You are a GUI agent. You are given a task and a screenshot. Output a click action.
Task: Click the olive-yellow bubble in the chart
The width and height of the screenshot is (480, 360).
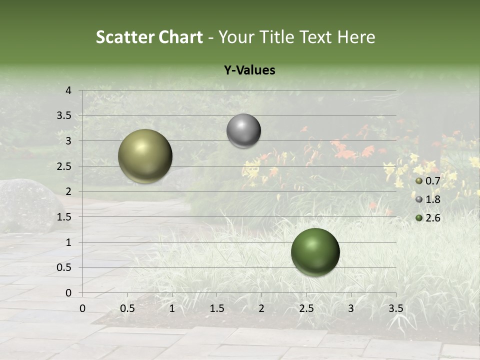(145, 156)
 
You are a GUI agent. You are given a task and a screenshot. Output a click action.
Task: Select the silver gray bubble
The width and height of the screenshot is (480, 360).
(243, 131)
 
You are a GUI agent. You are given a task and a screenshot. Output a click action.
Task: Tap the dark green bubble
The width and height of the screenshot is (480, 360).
(315, 252)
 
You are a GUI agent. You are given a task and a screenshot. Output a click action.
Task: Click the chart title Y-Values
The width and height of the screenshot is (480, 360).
(249, 70)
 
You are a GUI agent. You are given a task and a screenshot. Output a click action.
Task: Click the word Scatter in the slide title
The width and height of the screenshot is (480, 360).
(125, 37)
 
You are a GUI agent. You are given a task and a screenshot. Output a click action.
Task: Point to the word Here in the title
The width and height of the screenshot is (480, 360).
(356, 37)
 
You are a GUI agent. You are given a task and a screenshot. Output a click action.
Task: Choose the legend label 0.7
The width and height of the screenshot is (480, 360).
(432, 181)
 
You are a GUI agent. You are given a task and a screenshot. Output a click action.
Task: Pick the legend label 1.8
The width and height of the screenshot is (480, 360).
(432, 199)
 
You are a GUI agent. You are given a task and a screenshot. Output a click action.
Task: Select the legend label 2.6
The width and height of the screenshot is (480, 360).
(432, 218)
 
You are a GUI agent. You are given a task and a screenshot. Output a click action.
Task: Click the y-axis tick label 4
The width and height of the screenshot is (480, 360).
(68, 90)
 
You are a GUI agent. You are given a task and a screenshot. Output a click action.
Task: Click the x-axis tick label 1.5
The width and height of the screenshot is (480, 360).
(216, 308)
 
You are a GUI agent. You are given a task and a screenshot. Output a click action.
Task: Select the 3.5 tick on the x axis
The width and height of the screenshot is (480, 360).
(395, 308)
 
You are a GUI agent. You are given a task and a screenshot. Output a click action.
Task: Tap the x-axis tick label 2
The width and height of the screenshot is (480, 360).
(261, 308)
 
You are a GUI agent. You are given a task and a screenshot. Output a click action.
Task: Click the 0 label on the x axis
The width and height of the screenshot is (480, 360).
(82, 308)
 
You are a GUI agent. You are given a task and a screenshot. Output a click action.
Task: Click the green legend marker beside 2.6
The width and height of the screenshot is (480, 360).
(419, 218)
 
